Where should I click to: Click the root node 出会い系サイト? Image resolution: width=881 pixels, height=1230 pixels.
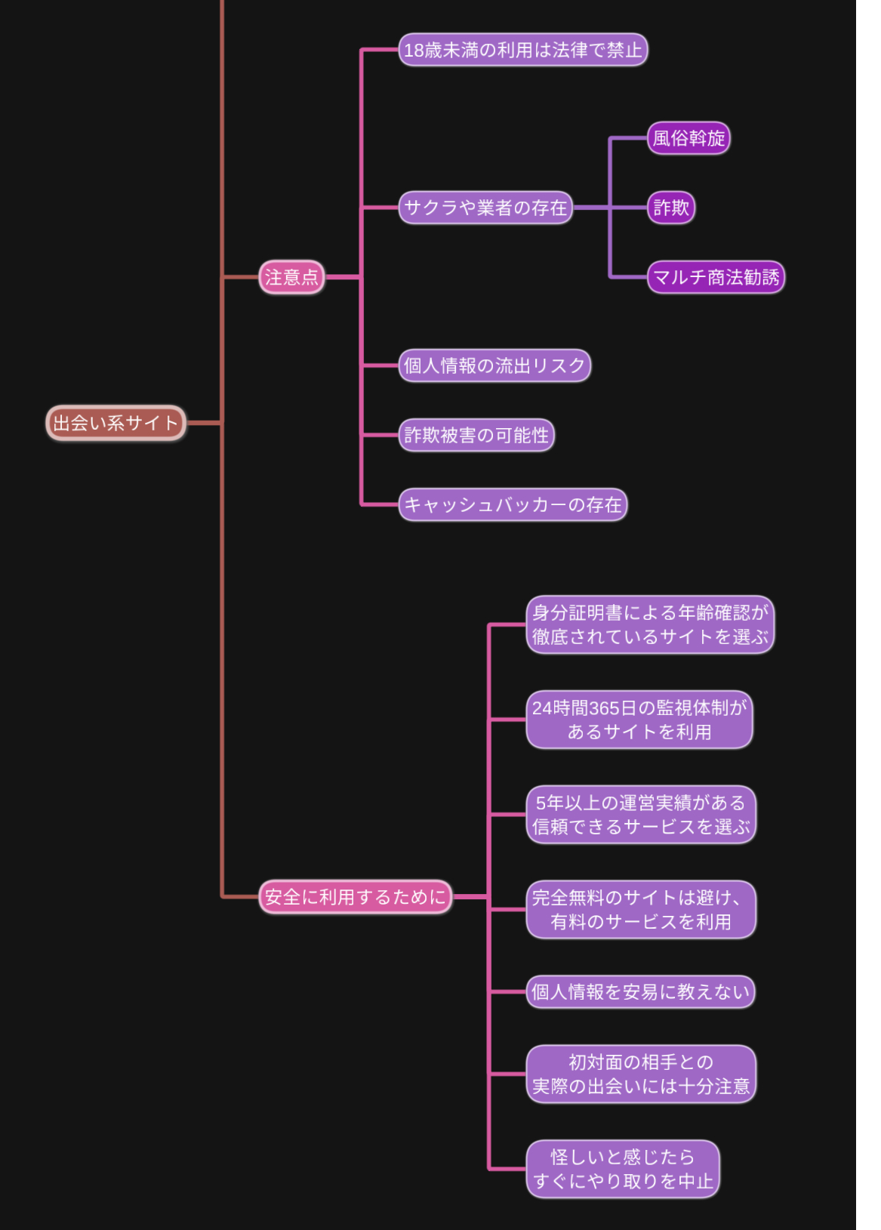click(116, 423)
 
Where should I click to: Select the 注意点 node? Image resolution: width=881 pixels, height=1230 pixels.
click(291, 277)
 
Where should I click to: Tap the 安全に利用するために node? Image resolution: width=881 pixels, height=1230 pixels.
click(355, 897)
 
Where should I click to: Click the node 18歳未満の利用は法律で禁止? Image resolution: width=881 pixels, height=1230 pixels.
click(522, 50)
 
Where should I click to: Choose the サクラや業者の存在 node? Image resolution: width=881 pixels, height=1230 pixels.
click(485, 208)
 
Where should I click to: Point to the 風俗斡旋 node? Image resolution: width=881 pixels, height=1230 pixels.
click(688, 138)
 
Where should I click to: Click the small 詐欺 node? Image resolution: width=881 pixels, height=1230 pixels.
click(670, 208)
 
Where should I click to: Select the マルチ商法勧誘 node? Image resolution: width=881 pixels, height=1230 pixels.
click(715, 277)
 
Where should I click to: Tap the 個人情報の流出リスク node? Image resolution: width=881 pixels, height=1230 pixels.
click(494, 365)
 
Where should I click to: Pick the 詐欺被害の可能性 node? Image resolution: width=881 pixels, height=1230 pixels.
click(476, 435)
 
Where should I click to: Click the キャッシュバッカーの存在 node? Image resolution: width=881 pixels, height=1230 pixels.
click(512, 504)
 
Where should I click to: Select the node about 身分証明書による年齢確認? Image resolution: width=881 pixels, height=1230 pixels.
click(649, 624)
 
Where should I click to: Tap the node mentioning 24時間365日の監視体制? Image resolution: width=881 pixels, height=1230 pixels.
click(639, 720)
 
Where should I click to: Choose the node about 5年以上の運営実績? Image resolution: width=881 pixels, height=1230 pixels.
click(640, 815)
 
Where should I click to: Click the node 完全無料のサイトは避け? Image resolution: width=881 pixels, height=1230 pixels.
click(640, 909)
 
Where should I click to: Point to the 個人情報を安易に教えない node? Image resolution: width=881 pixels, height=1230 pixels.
click(640, 991)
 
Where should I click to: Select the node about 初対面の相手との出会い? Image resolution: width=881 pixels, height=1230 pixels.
click(640, 1074)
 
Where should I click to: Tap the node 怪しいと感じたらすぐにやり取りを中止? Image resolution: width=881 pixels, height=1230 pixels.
click(622, 1169)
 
